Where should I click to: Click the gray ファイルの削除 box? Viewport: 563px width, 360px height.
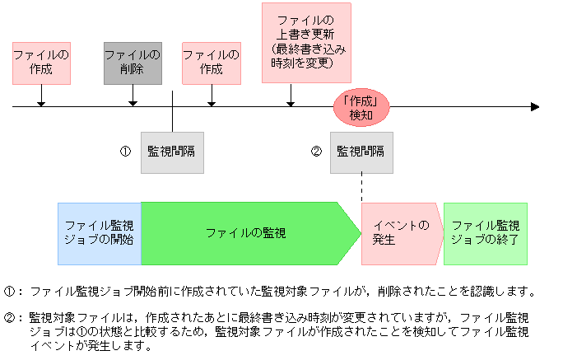tap(133, 63)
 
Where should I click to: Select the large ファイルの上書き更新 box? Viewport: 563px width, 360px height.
tap(306, 43)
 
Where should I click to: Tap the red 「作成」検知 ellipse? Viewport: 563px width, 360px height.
tap(361, 107)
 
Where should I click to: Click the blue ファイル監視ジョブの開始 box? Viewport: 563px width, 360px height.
tap(99, 233)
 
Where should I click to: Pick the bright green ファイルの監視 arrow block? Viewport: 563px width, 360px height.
tap(247, 233)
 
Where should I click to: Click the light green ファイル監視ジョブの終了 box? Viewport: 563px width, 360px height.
tap(485, 233)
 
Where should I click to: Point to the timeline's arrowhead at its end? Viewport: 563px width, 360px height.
tap(535, 106)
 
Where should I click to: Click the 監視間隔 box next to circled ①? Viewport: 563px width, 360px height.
tap(172, 152)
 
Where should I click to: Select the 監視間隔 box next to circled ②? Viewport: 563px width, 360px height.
tap(361, 152)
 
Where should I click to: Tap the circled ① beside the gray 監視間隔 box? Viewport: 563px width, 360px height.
tap(126, 152)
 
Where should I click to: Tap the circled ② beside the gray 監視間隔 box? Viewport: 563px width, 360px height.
tap(316, 152)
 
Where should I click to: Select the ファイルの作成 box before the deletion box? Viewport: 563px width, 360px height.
tap(41, 63)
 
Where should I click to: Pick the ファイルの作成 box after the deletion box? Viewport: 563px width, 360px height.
tap(212, 63)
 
